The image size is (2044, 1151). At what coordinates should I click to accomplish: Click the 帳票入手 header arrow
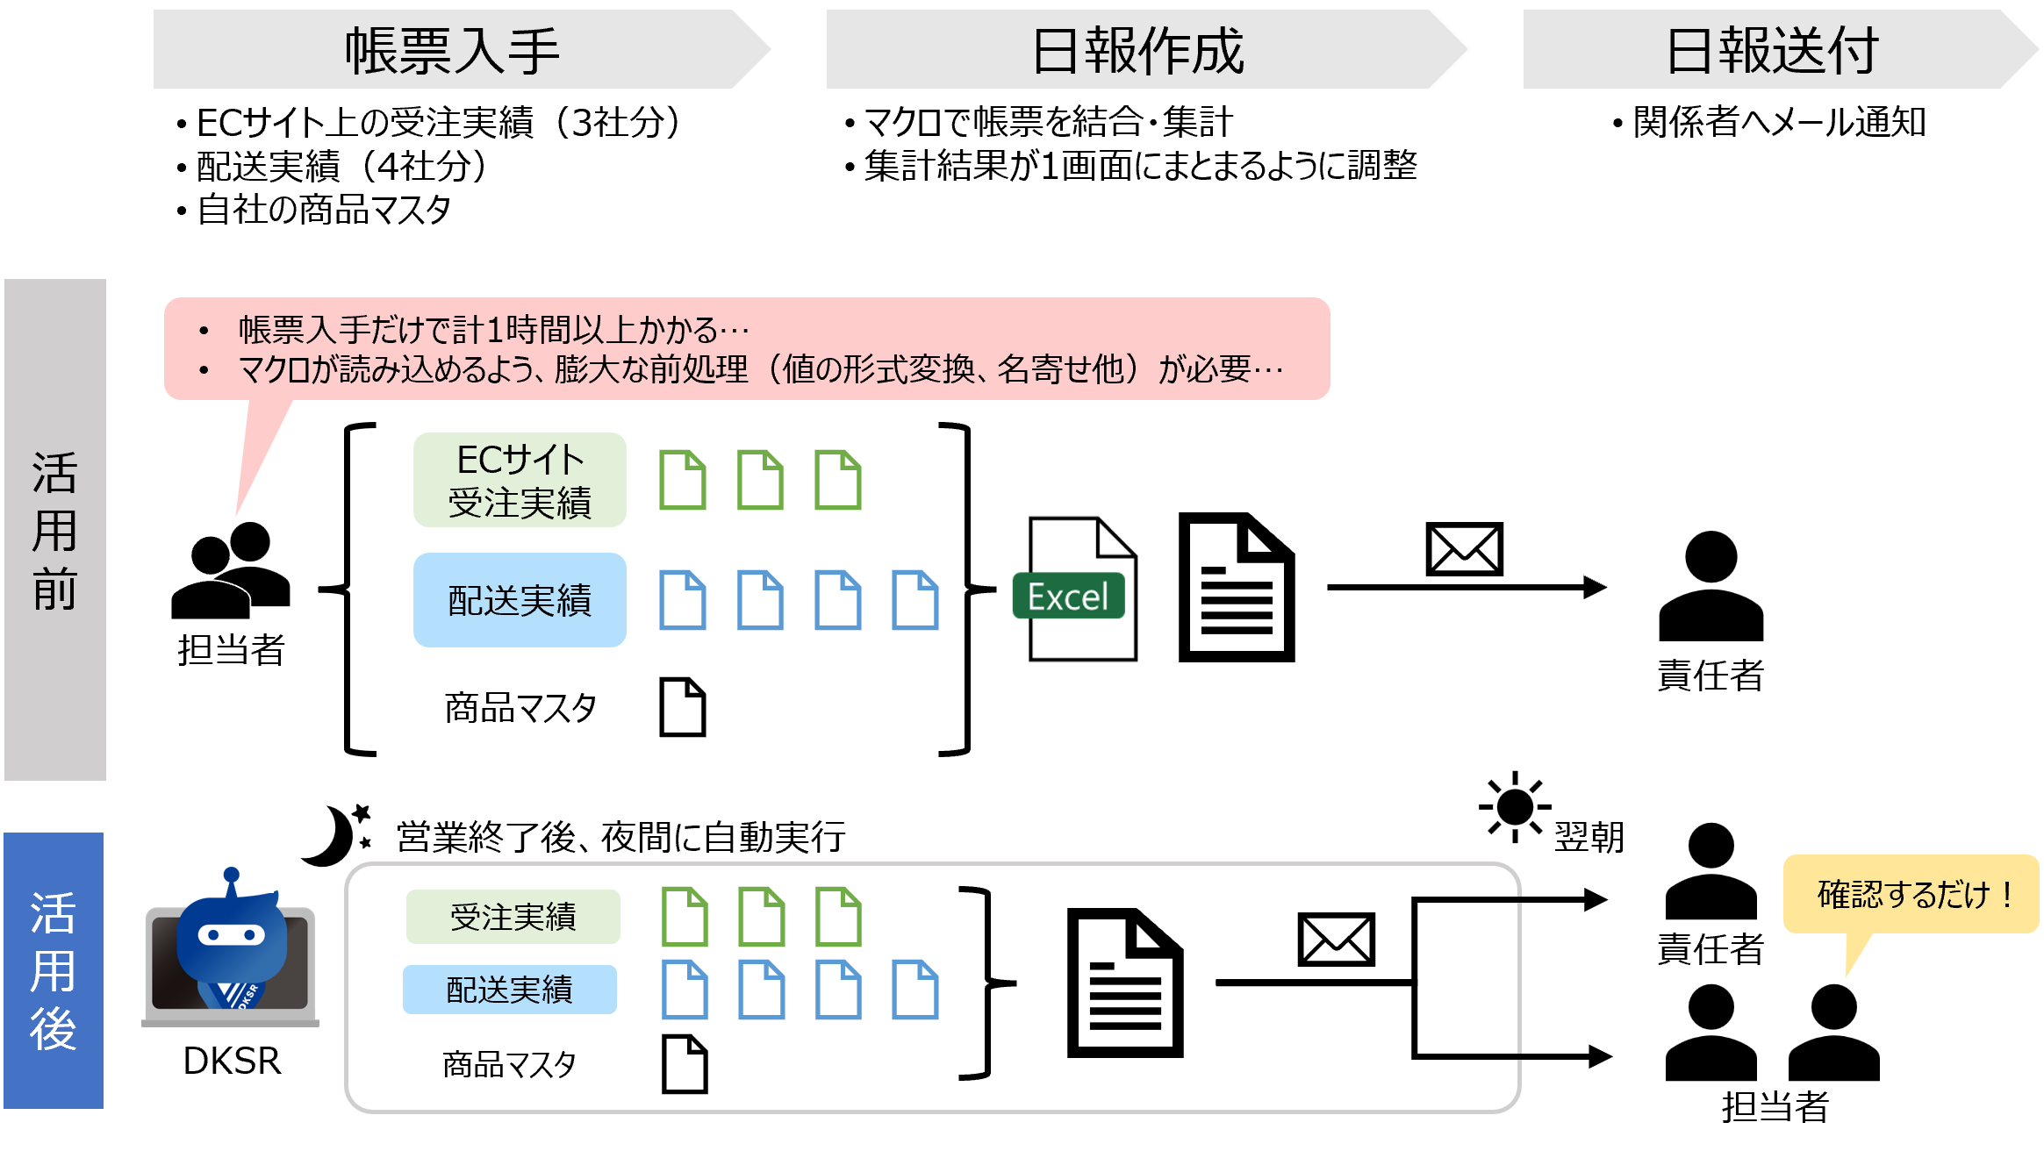tap(452, 50)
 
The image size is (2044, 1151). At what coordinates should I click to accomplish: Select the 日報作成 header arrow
tap(1137, 50)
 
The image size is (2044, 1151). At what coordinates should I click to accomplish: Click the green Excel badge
tap(1068, 597)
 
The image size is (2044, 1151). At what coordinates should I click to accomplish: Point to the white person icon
tap(211, 579)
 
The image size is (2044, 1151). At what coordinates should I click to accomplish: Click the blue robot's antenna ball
tap(231, 875)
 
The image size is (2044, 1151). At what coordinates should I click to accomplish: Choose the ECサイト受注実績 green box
tap(520, 480)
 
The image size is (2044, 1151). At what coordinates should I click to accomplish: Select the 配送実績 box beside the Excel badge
tap(520, 600)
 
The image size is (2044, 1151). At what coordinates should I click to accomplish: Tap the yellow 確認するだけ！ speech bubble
tap(1910, 895)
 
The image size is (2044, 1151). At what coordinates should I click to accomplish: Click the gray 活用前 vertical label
tap(55, 529)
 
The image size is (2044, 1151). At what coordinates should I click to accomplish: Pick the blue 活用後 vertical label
tap(54, 970)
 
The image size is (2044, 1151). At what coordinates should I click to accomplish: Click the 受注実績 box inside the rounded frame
tap(513, 917)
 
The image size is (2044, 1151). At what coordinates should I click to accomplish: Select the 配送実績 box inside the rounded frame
tap(510, 990)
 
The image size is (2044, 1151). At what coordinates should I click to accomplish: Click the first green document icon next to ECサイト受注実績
tap(683, 480)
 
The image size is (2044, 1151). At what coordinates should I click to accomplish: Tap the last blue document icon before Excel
tap(915, 600)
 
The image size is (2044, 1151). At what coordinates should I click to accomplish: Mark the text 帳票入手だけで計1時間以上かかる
tap(478, 331)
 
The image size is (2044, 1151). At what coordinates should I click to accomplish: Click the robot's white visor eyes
tap(232, 935)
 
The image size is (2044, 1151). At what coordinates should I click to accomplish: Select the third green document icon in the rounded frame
tap(839, 917)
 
